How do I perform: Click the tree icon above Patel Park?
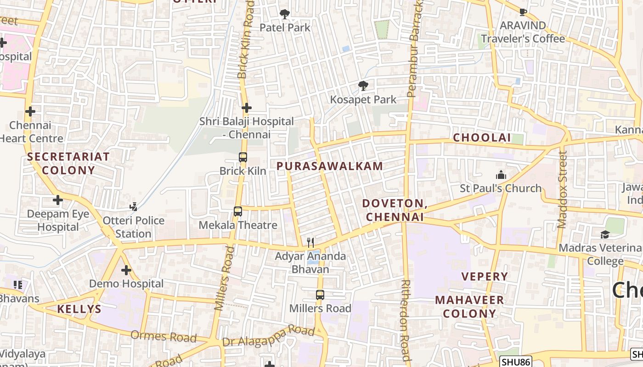coord(285,14)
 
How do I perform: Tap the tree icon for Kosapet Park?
coord(363,86)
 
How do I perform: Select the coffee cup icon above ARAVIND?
coord(523,12)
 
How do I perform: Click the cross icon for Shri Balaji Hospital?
coord(247,108)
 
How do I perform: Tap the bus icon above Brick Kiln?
coord(243,157)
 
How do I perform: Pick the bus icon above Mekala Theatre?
coord(237,211)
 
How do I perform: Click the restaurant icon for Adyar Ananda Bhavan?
coord(311,242)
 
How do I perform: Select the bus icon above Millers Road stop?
coord(320,295)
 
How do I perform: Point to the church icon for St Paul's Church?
coord(501,175)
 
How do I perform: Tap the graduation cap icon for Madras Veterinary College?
coord(605,234)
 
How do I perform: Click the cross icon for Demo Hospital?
coord(126,270)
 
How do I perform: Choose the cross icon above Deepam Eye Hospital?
coord(58,200)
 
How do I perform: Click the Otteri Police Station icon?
coord(133,207)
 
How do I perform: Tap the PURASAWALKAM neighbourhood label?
coord(330,166)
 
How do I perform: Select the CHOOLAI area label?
coord(482,138)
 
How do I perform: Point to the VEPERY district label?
coord(485,276)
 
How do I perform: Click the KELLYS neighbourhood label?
coord(79,309)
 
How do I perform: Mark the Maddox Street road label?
coord(562,189)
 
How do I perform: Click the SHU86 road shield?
coord(515,362)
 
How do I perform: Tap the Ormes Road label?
coord(164,336)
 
